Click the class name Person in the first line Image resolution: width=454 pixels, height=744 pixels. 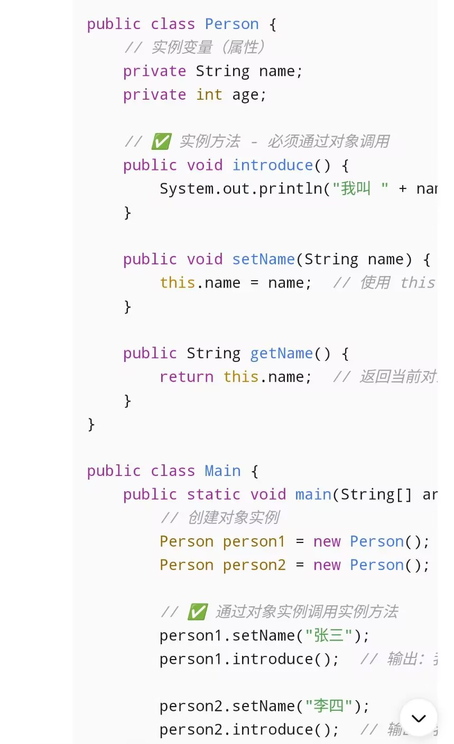[x=231, y=24]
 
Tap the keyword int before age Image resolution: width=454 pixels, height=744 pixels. [x=209, y=95]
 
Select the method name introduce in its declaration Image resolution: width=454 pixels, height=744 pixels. [x=272, y=165]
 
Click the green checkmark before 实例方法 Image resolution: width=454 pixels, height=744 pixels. [x=161, y=141]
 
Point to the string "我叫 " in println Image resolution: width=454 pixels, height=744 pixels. [x=360, y=188]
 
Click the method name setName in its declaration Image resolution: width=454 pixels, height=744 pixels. [x=263, y=259]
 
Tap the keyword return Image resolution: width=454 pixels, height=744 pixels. [x=187, y=377]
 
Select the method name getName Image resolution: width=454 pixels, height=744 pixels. [x=281, y=353]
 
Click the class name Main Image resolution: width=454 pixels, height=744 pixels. [x=223, y=471]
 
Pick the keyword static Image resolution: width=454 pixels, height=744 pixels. [x=214, y=494]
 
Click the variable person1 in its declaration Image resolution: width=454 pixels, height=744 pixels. [x=254, y=541]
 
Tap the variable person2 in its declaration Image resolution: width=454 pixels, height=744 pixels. [x=254, y=565]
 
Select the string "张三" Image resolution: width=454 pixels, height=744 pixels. [x=329, y=635]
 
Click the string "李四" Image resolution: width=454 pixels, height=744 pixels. [x=329, y=706]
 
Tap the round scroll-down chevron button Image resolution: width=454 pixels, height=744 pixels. [x=419, y=718]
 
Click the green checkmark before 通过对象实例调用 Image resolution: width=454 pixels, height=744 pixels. [x=198, y=612]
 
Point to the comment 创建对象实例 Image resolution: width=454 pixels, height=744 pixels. [x=233, y=518]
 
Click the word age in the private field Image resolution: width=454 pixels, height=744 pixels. [x=245, y=95]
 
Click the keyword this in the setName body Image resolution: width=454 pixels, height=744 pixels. [x=178, y=283]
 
